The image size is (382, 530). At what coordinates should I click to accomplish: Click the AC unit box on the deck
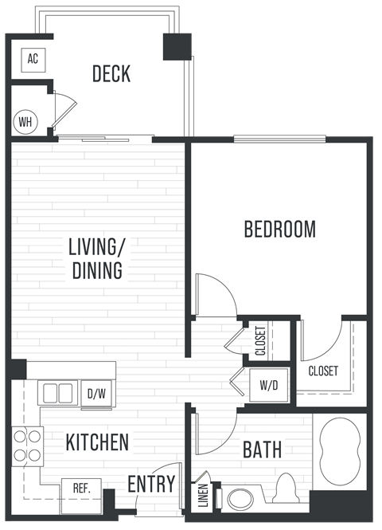[x=33, y=58]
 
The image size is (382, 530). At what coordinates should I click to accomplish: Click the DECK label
[x=111, y=74]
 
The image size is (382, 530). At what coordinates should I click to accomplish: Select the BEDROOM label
[x=279, y=230]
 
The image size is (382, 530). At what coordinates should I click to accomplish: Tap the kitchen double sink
[x=57, y=393]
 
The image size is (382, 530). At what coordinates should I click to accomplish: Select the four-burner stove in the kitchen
[x=26, y=446]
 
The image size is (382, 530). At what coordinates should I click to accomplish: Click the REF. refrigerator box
[x=80, y=488]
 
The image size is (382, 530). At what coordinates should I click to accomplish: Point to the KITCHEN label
[x=97, y=442]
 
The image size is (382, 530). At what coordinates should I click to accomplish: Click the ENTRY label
[x=152, y=484]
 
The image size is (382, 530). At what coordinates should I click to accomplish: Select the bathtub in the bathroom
[x=340, y=452]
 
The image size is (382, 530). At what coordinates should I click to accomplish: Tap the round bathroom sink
[x=237, y=499]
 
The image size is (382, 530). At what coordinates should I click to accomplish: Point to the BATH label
[x=262, y=450]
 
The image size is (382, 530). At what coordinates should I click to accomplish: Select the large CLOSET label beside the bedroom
[x=322, y=371]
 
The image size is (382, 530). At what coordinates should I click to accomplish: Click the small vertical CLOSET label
[x=260, y=341]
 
